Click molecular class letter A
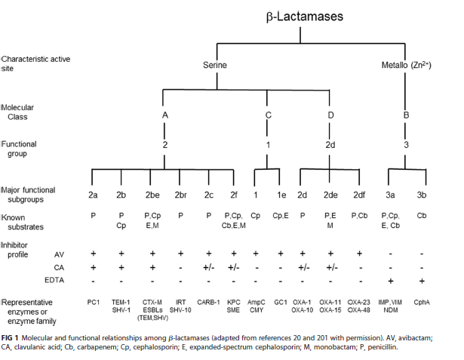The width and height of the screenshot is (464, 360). tap(164, 115)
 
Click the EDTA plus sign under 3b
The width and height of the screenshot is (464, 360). tap(421, 278)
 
